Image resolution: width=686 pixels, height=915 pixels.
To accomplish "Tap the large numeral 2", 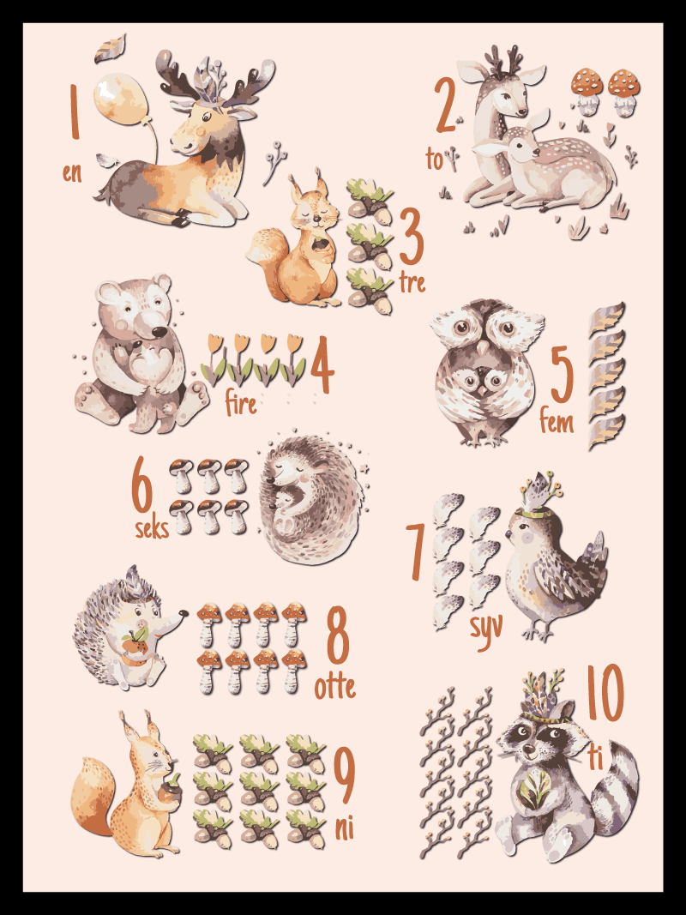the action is click(445, 105).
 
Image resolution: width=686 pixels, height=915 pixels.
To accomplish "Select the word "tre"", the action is click(412, 282).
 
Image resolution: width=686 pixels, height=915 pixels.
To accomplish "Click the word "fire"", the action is click(240, 403).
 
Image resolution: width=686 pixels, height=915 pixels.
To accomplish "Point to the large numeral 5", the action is click(562, 374).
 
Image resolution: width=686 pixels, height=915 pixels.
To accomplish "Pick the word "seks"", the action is click(152, 528).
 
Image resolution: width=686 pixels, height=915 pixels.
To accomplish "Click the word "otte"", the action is click(334, 687).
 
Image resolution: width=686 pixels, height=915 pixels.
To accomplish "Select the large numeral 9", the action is click(344, 775).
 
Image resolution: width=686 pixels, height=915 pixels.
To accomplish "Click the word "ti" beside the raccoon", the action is click(595, 757).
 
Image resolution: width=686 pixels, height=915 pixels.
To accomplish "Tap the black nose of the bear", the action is click(158, 332).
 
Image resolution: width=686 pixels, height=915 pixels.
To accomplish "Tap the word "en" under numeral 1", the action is click(72, 172).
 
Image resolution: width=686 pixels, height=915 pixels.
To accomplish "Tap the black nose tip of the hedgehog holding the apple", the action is click(184, 614).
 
